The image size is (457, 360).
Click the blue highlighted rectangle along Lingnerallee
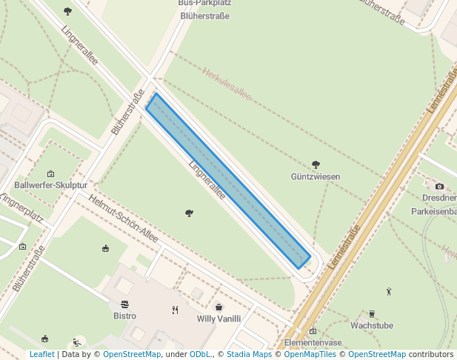227,180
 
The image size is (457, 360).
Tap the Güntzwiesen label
316,177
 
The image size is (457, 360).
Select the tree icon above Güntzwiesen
316,164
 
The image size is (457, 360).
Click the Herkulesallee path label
227,84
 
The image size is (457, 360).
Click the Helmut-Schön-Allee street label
123,218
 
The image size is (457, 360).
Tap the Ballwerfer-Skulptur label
51,185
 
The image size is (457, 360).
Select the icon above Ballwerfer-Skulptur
50,174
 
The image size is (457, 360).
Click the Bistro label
125,316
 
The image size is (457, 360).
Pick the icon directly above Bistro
124,304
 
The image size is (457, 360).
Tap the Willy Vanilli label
219,319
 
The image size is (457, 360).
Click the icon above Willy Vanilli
219,307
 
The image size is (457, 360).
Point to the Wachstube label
372,325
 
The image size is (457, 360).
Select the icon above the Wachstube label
371,313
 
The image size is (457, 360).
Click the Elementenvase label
313,343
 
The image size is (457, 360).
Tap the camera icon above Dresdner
439,186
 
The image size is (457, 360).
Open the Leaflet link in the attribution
42,355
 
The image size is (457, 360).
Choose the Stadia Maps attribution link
249,355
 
